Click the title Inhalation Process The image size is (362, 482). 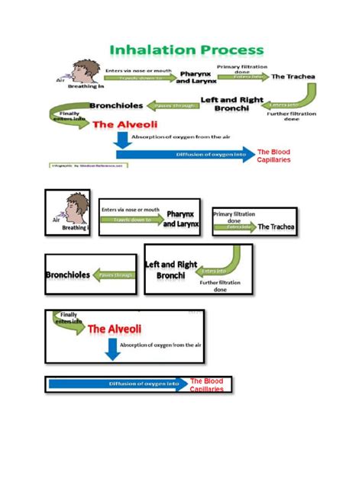(187, 50)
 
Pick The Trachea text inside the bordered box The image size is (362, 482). (275, 227)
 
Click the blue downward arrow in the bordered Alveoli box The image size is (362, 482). (112, 349)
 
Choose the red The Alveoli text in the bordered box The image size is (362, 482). (116, 329)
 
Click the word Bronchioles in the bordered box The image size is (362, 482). (69, 275)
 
